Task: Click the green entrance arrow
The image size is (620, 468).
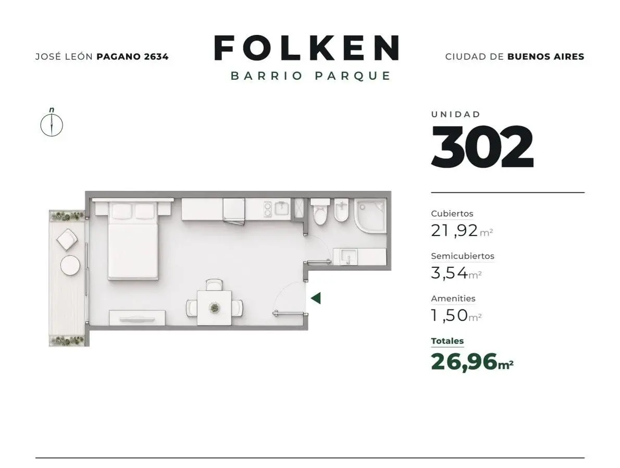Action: pos(316,298)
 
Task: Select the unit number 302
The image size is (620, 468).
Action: pos(482,147)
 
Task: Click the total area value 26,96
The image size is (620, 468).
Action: pos(464,362)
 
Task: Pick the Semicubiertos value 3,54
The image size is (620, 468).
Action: pos(450,273)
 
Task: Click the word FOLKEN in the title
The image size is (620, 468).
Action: pos(306,48)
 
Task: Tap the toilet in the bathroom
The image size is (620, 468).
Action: pos(320,212)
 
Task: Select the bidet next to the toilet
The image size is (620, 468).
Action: pos(342,211)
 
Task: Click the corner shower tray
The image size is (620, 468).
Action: pos(370,216)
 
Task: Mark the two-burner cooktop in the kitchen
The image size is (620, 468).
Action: pos(268,210)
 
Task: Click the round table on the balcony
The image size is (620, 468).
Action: pos(70,265)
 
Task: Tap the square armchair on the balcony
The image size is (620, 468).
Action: pos(67,240)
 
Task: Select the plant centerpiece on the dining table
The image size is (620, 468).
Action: pos(215,307)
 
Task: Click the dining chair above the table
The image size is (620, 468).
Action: pos(214,285)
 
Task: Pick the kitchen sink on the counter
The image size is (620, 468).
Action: pos(282,209)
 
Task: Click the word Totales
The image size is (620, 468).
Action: pos(447,341)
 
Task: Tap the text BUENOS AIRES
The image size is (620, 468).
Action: pos(545,57)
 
